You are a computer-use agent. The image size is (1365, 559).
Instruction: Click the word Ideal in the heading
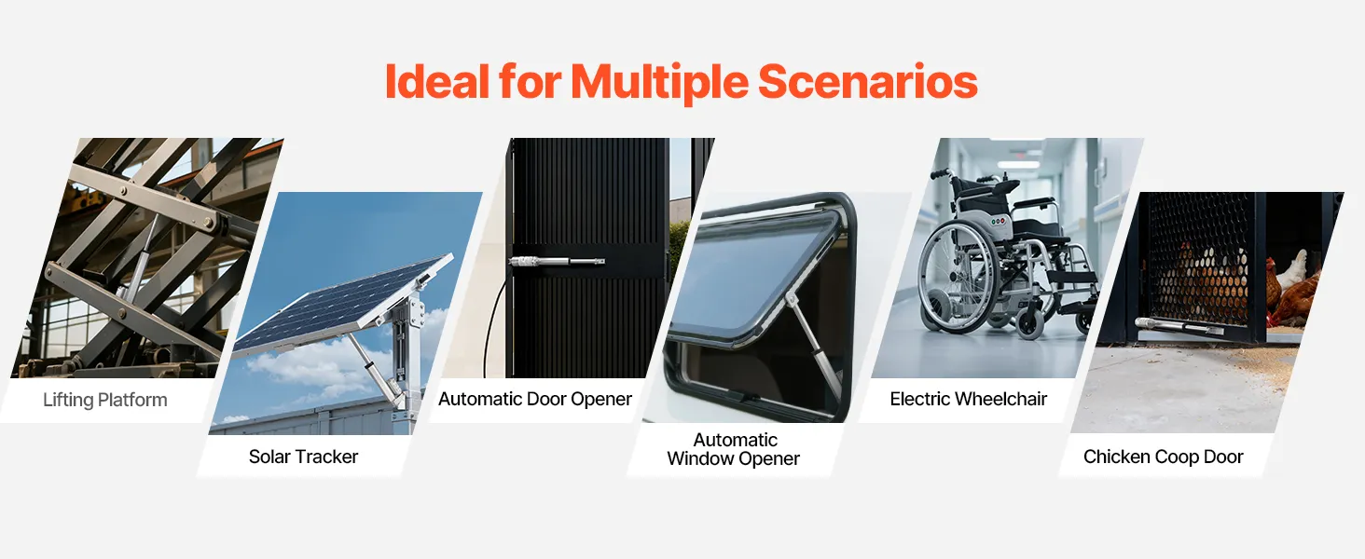click(437, 82)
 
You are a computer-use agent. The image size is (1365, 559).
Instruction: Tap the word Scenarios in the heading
click(868, 82)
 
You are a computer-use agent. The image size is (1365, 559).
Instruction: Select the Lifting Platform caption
click(104, 400)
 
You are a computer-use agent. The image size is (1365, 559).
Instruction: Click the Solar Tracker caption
click(303, 457)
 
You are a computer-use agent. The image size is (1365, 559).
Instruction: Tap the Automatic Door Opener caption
click(535, 400)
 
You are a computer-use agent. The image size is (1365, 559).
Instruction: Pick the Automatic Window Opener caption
click(734, 449)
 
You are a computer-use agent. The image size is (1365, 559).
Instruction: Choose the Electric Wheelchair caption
click(969, 400)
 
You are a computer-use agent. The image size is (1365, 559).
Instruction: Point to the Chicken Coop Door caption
click(1163, 457)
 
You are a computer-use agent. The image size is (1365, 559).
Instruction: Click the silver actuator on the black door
click(557, 262)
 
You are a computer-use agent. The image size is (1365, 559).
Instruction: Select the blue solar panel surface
click(341, 305)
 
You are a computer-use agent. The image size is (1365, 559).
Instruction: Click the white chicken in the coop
click(1293, 269)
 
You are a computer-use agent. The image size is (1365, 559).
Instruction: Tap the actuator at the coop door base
click(1179, 326)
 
